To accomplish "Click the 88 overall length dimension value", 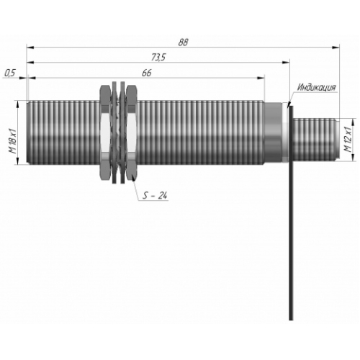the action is coord(183,42).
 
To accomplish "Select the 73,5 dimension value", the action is coord(158,58).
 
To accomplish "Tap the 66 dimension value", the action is coord(147,73).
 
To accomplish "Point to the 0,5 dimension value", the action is coord(10,73).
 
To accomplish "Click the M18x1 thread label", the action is coord(12,141).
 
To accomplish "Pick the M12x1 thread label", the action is coord(348,139).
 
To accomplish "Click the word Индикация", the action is coord(316,87).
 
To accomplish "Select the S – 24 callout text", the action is coord(155,196).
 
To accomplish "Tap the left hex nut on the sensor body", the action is coord(106,132).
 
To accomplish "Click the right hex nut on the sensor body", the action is coord(132,132).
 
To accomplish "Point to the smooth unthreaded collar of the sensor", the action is coord(273,132).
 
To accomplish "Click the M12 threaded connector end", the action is coord(316,139).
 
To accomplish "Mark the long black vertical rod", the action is coord(291,213).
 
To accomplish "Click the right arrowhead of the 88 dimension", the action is coord(336,48).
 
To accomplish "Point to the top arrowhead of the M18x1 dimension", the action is coord(18,104).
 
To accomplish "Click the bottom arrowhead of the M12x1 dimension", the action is coord(353,157).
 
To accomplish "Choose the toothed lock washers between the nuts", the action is coord(119,132).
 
